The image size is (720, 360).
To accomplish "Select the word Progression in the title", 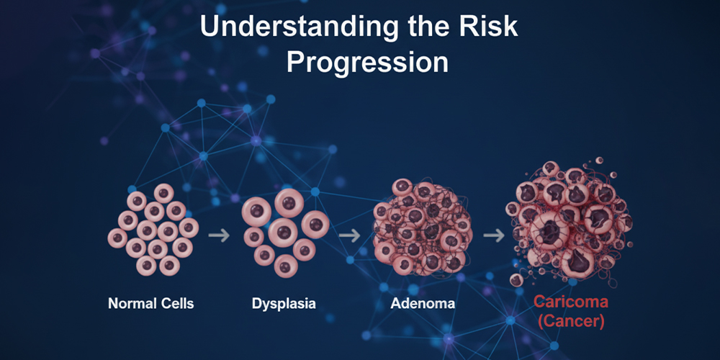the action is pos(367,63).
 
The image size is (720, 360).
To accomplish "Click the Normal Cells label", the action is pos(151,304).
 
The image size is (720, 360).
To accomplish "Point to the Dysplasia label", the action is pos(284,304).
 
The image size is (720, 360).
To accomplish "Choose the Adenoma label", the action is pos(423,304).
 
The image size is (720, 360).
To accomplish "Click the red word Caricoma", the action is pos(571,302).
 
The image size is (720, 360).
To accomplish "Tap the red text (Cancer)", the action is pos(571,320).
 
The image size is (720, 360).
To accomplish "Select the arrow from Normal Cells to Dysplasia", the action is pos(219,235).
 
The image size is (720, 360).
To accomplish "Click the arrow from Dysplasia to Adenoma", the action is pos(349,235).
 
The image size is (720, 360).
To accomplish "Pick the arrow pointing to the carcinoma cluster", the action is pos(494,235).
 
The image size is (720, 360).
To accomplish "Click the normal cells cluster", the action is pos(153,230).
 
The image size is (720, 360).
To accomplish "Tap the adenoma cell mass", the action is pos(423,228).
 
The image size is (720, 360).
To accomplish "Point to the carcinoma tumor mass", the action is pos(570,222).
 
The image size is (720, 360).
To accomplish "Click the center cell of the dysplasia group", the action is pos(283,232).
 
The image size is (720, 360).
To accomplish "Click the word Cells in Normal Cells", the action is pos(176,304).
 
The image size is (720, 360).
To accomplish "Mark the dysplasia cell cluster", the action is pos(286,233).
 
